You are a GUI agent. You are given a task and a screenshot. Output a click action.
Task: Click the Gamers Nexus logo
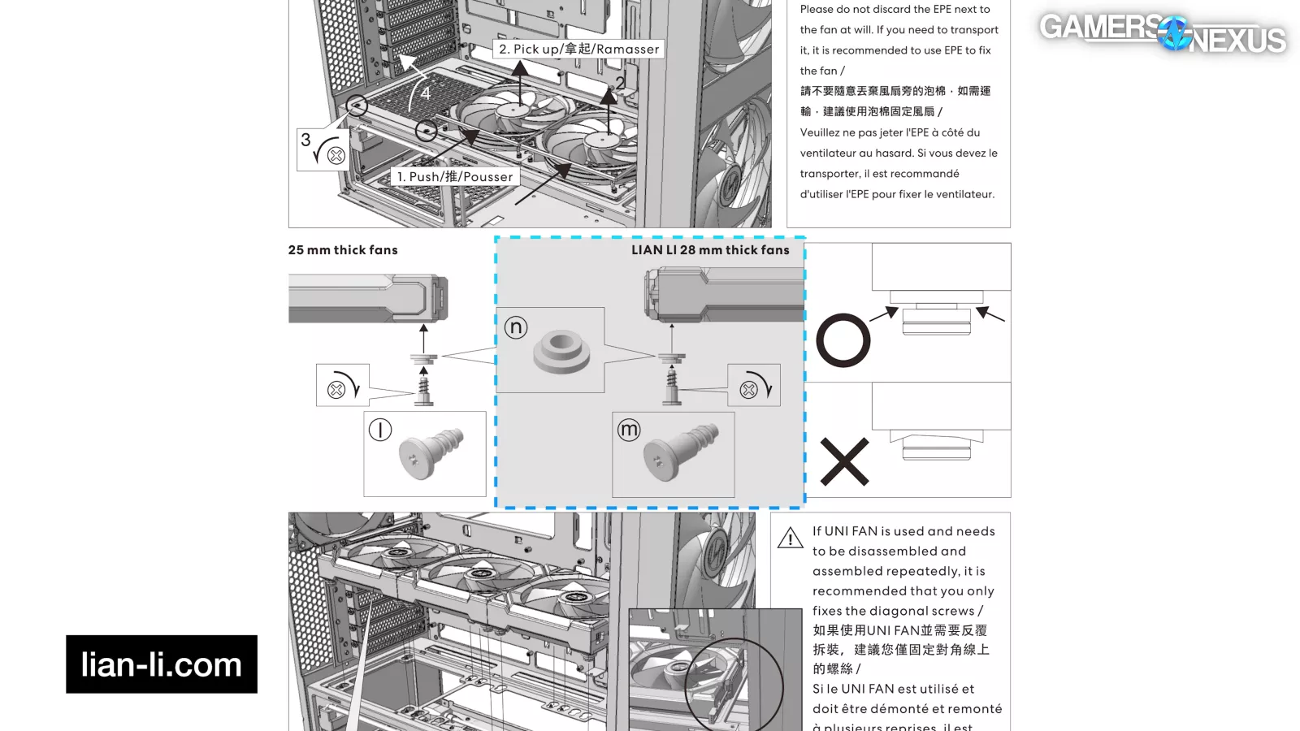tap(1162, 32)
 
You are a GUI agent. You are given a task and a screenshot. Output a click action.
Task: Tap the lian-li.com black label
tap(162, 664)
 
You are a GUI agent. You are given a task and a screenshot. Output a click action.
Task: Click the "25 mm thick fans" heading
tap(343, 250)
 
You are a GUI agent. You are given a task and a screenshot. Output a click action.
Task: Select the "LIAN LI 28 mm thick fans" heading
tap(710, 250)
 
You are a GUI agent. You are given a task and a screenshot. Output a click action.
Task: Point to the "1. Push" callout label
tap(455, 177)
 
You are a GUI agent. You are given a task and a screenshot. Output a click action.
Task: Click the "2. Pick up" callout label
tap(578, 50)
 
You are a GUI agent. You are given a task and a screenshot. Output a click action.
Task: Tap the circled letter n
tap(516, 327)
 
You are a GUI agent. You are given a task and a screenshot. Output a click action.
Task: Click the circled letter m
tap(629, 430)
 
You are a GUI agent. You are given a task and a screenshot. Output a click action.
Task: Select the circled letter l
tap(380, 429)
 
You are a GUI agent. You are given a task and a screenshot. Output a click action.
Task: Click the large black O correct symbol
tap(843, 340)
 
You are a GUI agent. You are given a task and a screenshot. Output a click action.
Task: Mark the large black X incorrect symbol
tap(844, 462)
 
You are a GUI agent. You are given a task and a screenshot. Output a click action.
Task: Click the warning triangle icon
tap(790, 539)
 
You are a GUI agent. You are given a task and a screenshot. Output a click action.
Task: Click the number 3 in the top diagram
tap(305, 140)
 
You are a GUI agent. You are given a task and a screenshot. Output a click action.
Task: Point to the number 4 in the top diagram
tap(425, 93)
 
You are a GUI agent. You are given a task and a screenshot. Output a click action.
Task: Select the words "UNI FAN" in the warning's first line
tap(851, 531)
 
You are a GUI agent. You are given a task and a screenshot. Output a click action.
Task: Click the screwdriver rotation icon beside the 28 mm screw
tap(755, 386)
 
